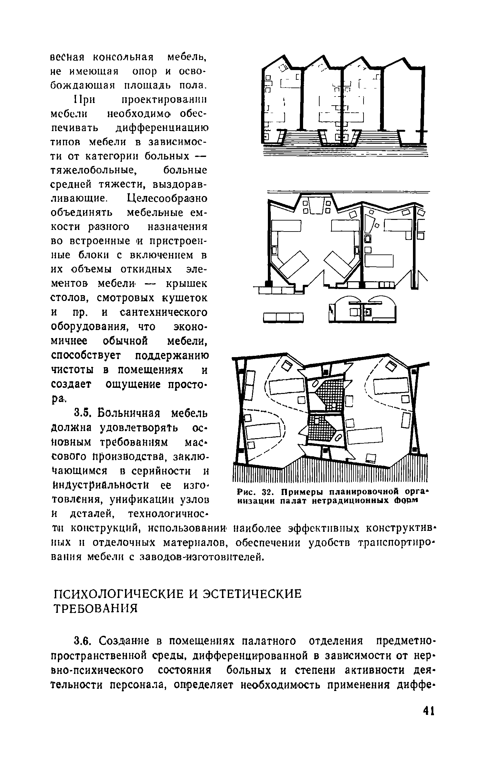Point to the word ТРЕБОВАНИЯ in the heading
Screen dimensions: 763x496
click(x=95, y=609)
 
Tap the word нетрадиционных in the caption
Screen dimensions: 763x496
click(x=346, y=501)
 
